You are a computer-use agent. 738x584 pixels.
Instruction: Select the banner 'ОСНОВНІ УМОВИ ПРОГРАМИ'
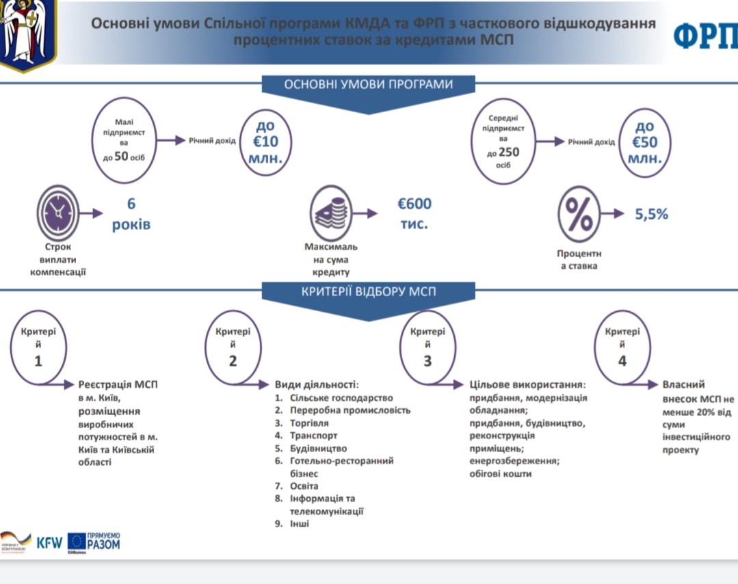tap(369, 85)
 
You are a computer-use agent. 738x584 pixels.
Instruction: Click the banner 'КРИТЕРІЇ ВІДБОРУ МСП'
tap(369, 292)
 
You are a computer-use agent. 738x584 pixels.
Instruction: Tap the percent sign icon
tap(579, 214)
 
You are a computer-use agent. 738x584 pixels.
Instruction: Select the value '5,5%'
tap(651, 214)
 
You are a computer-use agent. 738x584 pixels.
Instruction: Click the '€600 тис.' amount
tap(414, 213)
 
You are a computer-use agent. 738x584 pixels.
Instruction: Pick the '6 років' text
tap(131, 214)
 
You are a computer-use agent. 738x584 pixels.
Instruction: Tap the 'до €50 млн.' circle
tap(645, 142)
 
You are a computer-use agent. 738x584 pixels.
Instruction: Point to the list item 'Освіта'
tap(304, 486)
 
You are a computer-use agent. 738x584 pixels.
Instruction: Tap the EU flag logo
tap(76, 542)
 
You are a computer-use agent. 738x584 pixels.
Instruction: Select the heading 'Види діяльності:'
tap(317, 384)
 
